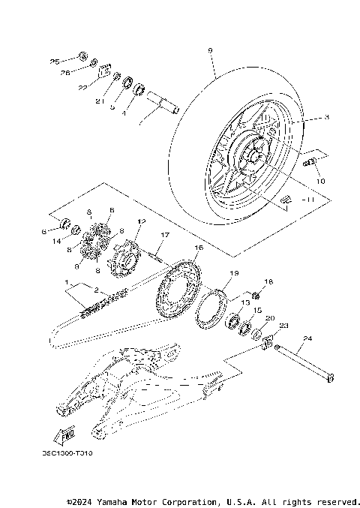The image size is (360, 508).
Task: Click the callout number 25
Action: tap(54, 60)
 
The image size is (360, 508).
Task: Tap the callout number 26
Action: tap(65, 73)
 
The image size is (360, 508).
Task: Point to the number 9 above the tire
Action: tap(210, 50)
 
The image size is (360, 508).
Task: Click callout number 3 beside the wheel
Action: tap(326, 118)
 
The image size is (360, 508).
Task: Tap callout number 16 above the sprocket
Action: tap(199, 247)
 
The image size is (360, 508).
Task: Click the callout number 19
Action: tap(233, 273)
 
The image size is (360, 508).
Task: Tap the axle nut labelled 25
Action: tap(82, 57)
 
